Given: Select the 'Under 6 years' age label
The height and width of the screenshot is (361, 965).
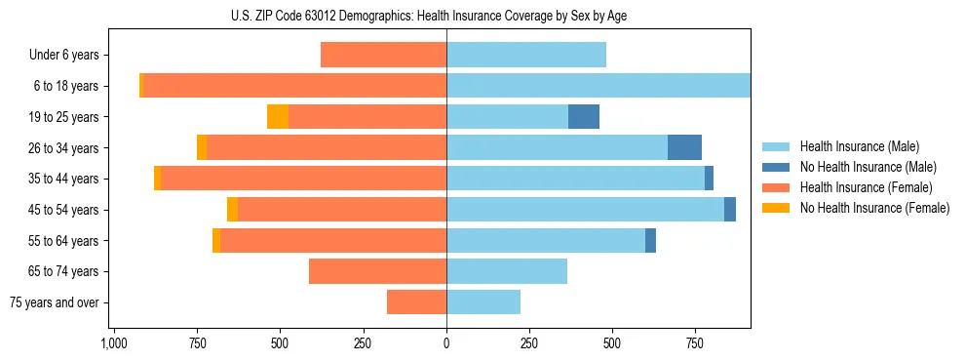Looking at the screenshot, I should coord(63,56).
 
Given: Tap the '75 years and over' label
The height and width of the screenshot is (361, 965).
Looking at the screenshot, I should coord(55,302).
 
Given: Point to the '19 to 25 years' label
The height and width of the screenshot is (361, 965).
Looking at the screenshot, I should coord(63,117).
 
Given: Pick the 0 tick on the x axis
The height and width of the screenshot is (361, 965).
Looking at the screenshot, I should coord(446,343).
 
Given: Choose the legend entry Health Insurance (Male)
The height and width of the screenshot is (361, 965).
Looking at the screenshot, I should coord(860,146).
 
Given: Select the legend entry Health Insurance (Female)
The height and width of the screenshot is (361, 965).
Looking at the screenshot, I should coord(866,187).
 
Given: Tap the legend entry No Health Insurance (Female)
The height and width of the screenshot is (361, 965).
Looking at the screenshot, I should coord(874,208).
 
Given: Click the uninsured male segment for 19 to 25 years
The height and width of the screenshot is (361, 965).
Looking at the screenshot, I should coord(584,117).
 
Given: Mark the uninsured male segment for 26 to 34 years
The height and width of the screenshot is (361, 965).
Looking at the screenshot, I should coord(684,147).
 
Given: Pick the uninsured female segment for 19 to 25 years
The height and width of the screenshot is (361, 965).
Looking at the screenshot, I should coord(278,117).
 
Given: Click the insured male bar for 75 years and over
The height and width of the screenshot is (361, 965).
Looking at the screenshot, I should coord(483,302).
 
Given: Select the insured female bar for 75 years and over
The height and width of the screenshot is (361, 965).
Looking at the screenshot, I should coord(416,302).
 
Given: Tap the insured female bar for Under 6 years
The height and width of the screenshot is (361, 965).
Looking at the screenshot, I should coord(383,56).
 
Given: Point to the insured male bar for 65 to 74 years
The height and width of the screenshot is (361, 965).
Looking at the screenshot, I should coord(507,271).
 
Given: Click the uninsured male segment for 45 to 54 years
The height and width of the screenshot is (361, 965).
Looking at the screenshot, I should coord(730,210).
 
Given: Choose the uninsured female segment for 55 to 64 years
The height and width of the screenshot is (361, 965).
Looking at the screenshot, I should coord(216,240).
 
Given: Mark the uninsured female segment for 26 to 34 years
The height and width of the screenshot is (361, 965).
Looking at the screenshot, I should coord(202,147).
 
